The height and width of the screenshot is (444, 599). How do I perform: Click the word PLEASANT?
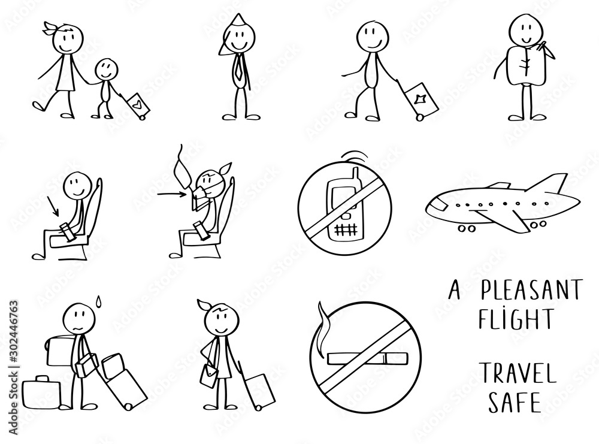[x=531, y=292]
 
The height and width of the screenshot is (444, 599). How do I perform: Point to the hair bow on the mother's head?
[x=50, y=29]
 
